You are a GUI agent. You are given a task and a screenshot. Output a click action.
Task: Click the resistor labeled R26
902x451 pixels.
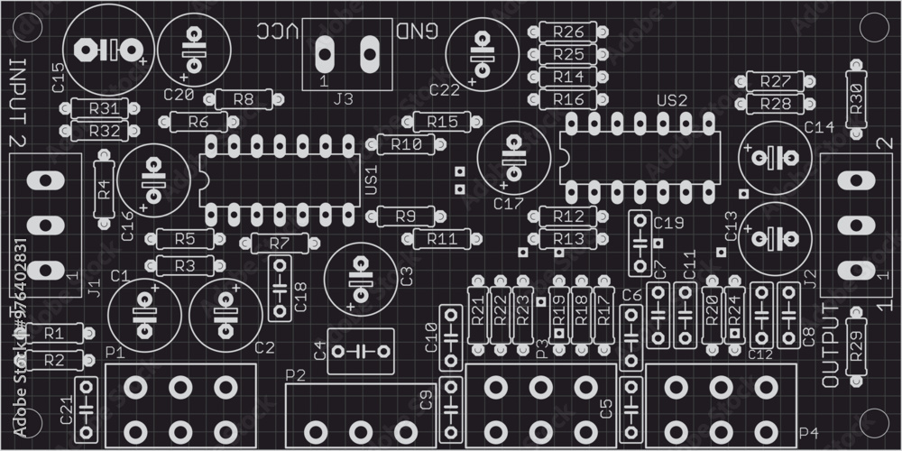click(568, 32)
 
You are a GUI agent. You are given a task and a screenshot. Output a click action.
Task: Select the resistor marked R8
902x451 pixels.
click(243, 99)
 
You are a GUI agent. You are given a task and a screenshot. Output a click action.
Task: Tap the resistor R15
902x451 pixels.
click(442, 121)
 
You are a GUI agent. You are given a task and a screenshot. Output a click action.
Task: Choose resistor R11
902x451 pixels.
click(442, 239)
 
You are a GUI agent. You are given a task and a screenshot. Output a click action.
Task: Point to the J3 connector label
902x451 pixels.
click(344, 99)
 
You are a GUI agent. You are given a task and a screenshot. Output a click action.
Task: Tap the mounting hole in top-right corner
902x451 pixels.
click(871, 28)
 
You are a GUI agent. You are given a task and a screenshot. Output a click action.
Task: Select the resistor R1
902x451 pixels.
click(53, 333)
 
